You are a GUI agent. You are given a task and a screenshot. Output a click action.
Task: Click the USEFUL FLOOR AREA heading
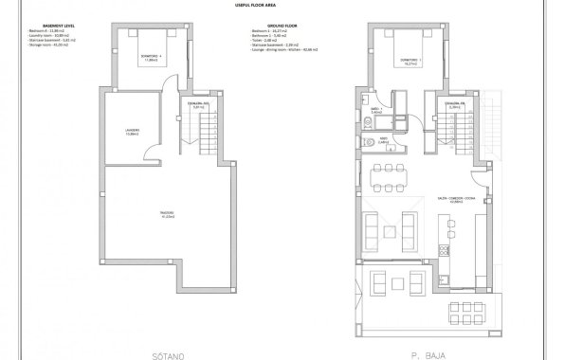tap(282, 6)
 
